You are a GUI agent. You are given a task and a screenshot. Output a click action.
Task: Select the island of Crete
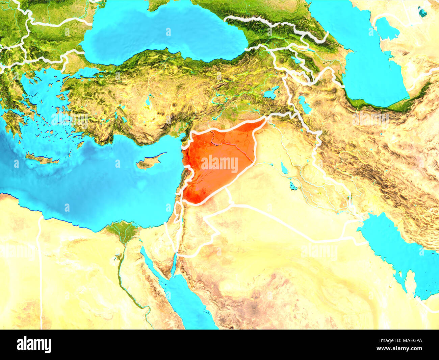click(42, 158)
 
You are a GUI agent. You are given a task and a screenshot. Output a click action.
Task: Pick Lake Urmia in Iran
click(305, 105)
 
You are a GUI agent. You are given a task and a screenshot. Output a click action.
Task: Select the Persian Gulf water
click(398, 250)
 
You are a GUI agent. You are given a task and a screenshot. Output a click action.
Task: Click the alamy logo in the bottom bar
click(34, 345)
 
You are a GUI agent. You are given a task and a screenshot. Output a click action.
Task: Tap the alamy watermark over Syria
click(219, 164)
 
